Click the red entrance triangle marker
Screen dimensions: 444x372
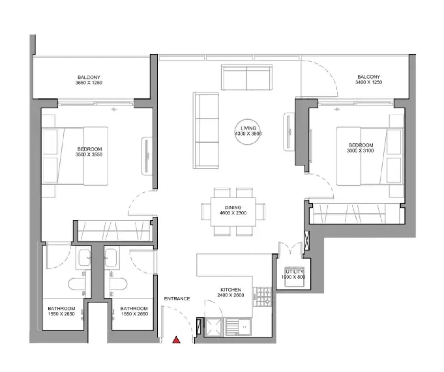tap(176, 340)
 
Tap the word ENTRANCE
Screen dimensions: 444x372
tap(177, 299)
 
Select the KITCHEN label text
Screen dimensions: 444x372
tap(231, 289)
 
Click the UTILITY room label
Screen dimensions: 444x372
tap(294, 272)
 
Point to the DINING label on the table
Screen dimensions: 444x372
tap(233, 207)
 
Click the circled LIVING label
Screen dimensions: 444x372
tap(248, 128)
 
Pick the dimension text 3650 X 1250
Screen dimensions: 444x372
tap(89, 83)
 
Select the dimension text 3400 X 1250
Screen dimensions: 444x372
tap(369, 82)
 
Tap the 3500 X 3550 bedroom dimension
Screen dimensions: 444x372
tap(89, 154)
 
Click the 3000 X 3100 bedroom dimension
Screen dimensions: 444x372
tap(360, 150)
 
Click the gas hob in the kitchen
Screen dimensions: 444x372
tap(264, 297)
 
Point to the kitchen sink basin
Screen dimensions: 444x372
tap(244, 327)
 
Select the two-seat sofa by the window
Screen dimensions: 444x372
tap(247, 77)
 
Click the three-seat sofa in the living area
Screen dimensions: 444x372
tap(206, 130)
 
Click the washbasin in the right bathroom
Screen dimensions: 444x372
tap(111, 258)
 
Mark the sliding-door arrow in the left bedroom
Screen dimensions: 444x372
tap(114, 110)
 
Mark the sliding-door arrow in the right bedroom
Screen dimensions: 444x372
tap(337, 109)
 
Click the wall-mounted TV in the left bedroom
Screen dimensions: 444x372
tap(147, 156)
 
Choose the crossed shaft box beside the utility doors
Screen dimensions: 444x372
tap(307, 240)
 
